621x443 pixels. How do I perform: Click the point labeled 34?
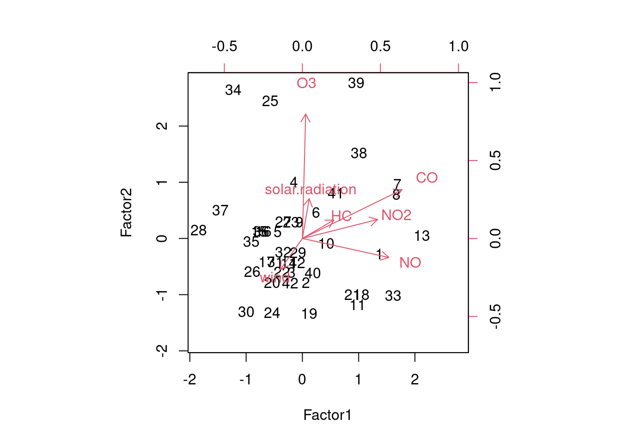pos(233,90)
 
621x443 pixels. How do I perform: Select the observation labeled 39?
pos(356,84)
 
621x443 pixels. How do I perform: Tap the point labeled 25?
pos(270,102)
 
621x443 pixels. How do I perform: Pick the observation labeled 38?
pos(359,154)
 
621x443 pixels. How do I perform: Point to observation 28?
pos(199,231)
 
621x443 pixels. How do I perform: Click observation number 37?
pos(220,211)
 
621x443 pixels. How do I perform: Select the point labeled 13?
pos(422,236)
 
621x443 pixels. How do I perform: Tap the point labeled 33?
pos(393,296)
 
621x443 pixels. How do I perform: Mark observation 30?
pos(246,312)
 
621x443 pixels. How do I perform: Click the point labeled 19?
pos(310,314)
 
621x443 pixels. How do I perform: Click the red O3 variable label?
pos(306,83)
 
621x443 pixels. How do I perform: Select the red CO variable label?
pos(426,178)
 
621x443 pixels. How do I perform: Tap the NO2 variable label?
pos(396,215)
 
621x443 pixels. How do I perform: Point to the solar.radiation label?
pos(310,190)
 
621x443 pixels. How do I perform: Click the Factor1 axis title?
pos(328,415)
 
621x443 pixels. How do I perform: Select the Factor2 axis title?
pos(126,212)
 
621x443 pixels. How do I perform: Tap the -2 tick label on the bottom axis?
pos(189,380)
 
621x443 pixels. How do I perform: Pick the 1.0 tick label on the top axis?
pos(458,46)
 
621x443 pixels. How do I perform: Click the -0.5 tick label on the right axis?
pos(495,317)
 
